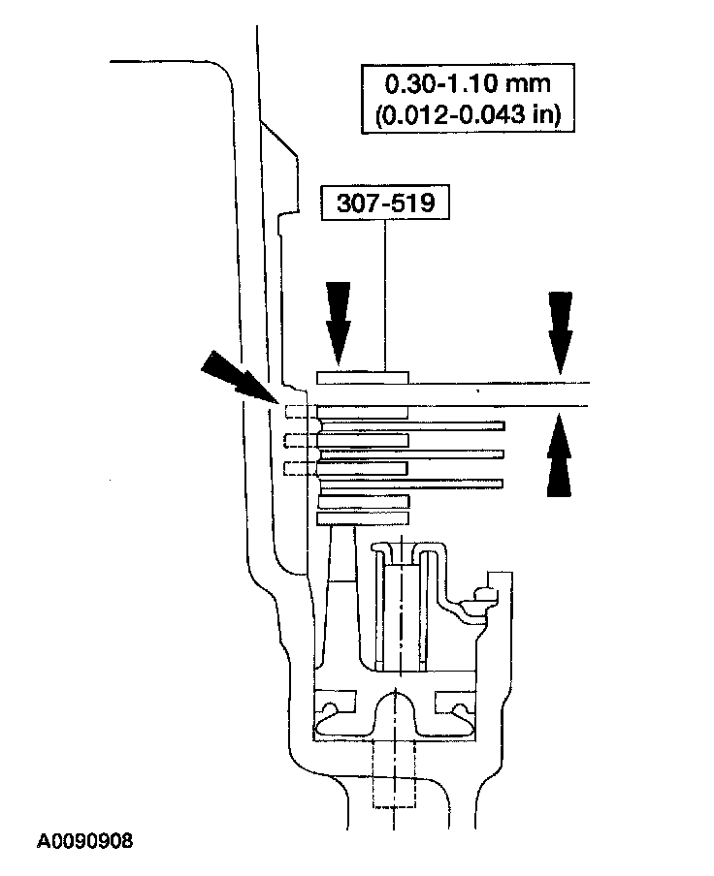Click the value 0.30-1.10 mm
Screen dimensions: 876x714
(x=465, y=84)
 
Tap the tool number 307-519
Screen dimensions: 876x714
(x=385, y=204)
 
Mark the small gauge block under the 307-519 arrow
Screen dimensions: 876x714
(x=364, y=376)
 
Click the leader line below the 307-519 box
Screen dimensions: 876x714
(x=386, y=291)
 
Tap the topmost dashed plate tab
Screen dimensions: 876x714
(x=301, y=413)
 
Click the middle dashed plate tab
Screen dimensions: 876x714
(x=301, y=441)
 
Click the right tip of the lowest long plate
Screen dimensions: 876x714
(x=502, y=482)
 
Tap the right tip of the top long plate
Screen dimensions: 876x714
(x=503, y=424)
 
